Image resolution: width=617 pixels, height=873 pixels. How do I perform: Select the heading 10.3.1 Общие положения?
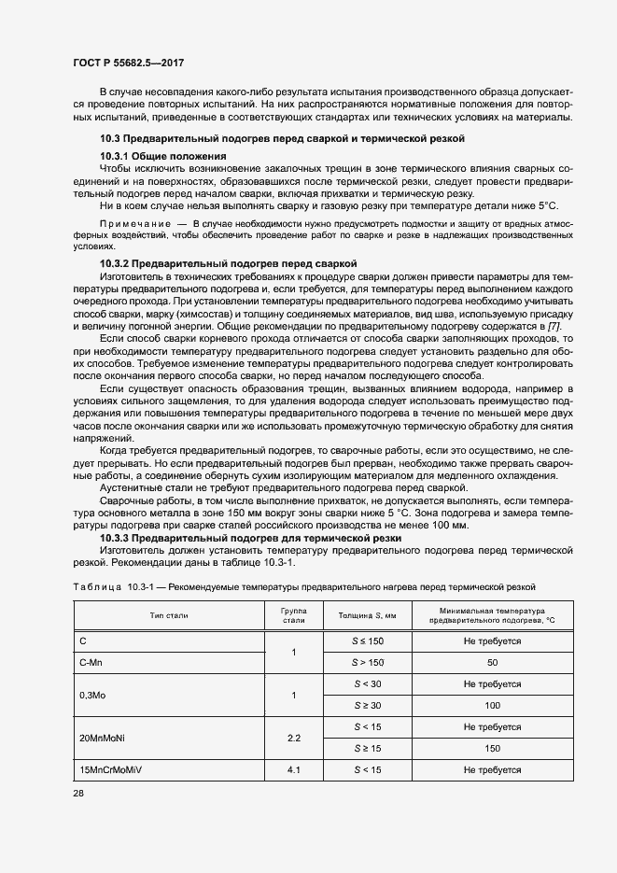coord(162,155)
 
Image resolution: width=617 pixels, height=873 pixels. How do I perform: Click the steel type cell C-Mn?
coord(91,662)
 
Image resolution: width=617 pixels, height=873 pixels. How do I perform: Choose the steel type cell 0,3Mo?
coord(94,695)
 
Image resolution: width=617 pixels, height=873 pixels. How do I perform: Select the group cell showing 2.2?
coord(293,738)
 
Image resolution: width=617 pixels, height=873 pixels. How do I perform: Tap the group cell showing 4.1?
coord(293,770)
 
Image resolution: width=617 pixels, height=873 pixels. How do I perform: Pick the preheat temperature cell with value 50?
coord(492,662)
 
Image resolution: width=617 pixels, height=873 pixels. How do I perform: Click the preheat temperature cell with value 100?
coord(492,705)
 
